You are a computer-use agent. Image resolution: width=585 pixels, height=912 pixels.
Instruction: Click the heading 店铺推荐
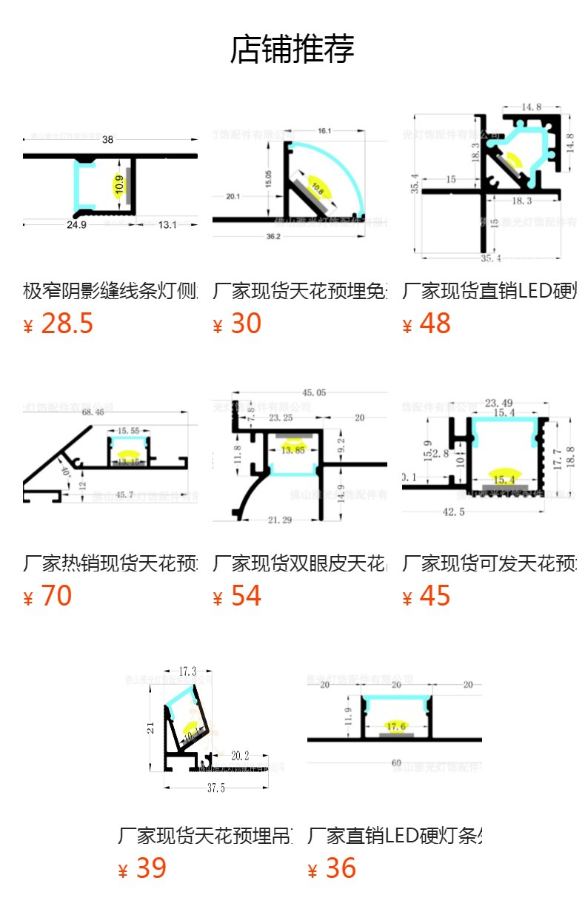click(x=292, y=50)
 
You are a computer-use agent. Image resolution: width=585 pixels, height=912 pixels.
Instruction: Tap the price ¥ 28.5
click(x=59, y=323)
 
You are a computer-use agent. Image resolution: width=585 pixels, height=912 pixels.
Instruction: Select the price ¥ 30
click(x=238, y=323)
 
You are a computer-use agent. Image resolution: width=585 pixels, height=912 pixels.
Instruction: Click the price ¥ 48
click(x=427, y=323)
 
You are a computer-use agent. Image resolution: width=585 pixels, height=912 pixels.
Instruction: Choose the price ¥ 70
click(x=48, y=596)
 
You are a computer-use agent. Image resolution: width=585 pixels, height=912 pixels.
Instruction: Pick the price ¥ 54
click(x=238, y=596)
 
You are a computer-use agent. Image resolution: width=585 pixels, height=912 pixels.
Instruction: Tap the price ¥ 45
click(x=427, y=596)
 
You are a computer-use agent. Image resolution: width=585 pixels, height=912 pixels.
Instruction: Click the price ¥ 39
click(x=143, y=868)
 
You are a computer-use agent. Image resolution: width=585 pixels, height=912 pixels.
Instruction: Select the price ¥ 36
click(x=332, y=868)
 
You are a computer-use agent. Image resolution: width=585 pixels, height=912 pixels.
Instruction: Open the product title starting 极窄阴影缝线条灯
click(x=110, y=291)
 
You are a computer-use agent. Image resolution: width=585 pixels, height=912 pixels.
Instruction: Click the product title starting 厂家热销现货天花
click(x=110, y=563)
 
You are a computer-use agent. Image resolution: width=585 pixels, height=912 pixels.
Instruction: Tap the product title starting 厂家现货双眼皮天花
click(x=300, y=563)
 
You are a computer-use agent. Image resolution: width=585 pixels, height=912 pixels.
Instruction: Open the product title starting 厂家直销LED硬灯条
click(x=395, y=836)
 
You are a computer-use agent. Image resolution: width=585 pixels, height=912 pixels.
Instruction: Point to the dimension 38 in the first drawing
click(x=108, y=139)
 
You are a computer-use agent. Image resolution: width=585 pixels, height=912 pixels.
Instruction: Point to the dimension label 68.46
click(x=93, y=412)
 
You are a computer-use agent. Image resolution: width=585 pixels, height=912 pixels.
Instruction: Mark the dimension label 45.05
click(x=314, y=393)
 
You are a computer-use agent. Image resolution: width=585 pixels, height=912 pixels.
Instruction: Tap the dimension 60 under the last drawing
click(x=396, y=763)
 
